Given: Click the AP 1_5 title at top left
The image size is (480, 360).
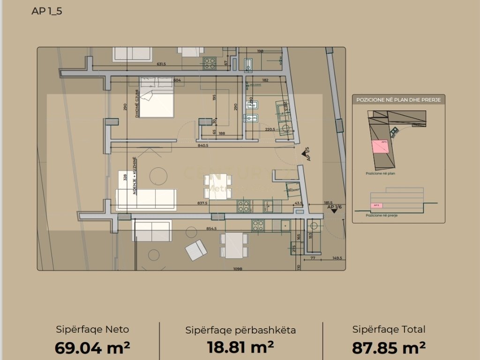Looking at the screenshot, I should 47,11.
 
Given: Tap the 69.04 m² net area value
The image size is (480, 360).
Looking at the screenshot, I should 92,348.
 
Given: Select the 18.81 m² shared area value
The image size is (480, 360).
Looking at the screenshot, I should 240,347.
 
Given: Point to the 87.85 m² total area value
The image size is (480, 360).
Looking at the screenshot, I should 389,348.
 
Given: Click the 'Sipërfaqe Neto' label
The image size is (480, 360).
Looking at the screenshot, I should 92,330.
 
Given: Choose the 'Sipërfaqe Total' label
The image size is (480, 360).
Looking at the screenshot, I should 389,330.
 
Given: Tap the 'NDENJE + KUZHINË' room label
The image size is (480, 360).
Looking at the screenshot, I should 134,176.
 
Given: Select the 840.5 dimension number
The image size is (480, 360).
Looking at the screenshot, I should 202,146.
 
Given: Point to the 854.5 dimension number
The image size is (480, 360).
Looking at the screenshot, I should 211,229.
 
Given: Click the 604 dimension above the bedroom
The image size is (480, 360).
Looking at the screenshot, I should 177,80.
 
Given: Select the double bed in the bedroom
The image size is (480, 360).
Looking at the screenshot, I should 156,97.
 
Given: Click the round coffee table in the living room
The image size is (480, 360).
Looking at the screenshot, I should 158,176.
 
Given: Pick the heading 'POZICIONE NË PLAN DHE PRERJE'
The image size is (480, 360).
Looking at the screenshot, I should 398,100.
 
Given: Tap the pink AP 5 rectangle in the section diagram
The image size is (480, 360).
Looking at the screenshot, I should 375,205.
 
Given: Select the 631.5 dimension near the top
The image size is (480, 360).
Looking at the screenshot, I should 161,65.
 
